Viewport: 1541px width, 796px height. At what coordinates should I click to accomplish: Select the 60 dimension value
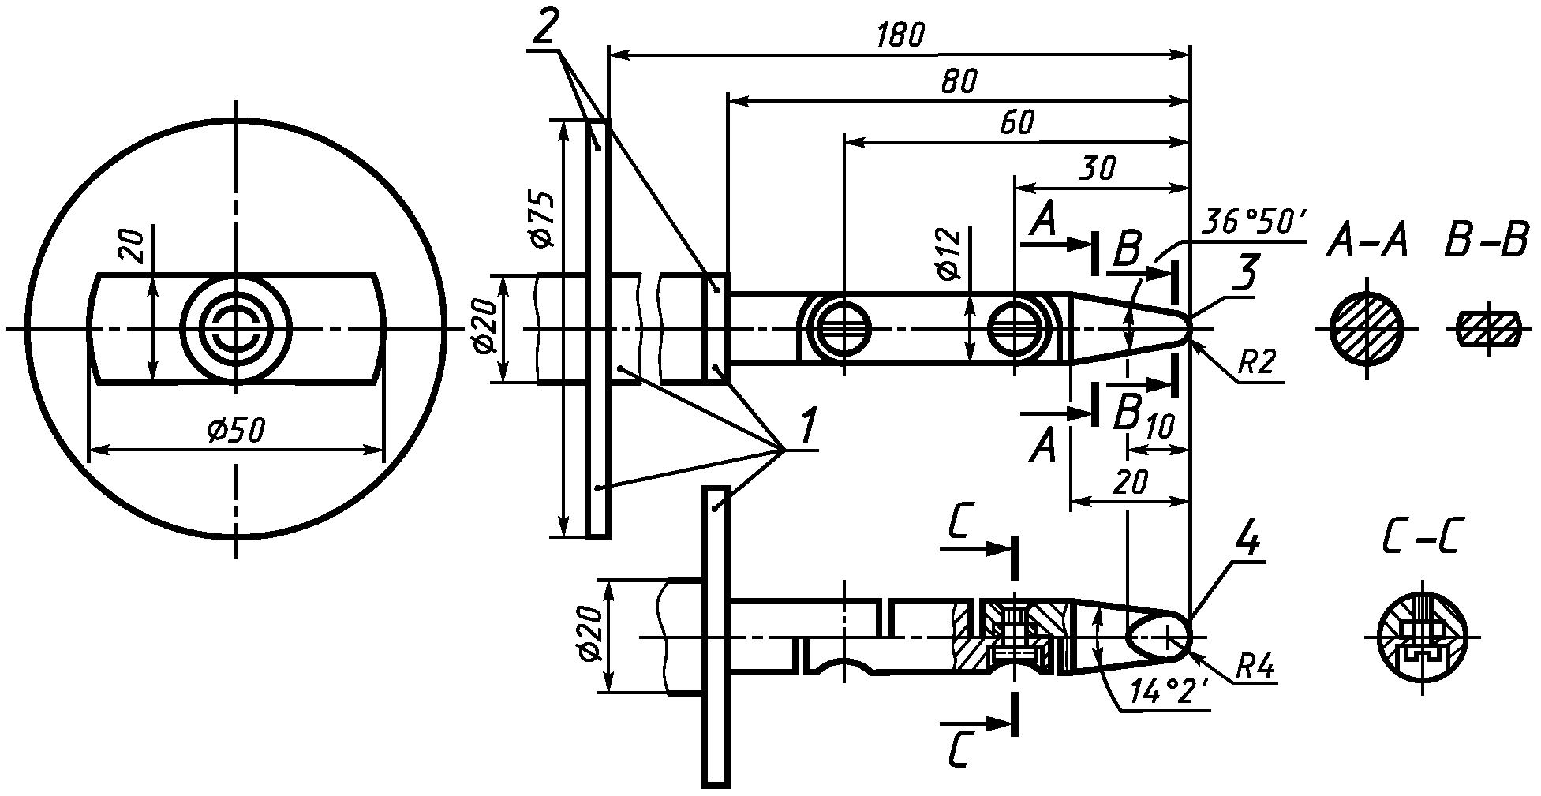point(1016,123)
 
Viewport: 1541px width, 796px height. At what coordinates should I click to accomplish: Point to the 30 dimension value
point(1098,169)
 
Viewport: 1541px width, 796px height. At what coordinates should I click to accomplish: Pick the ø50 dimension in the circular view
point(235,432)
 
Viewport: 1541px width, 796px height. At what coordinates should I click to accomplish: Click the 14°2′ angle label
point(1169,691)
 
